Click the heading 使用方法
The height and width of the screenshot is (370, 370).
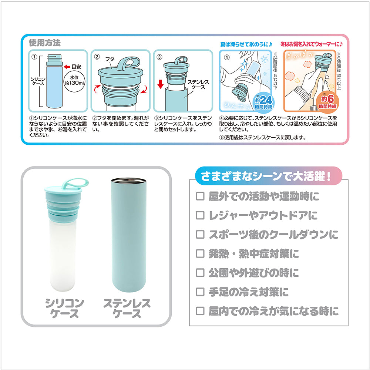pyautogui.click(x=45, y=43)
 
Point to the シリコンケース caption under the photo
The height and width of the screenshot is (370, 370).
pyautogui.click(x=64, y=309)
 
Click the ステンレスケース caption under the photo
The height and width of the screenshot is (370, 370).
pyautogui.click(x=127, y=309)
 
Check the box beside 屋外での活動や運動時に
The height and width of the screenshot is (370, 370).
pyautogui.click(x=200, y=196)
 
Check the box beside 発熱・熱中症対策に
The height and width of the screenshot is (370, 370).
pyautogui.click(x=200, y=254)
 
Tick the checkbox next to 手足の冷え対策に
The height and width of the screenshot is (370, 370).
pyautogui.click(x=200, y=292)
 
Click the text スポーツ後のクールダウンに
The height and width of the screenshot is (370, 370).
pyautogui.click(x=273, y=235)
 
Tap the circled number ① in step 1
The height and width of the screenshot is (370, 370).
pyautogui.click(x=34, y=57)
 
